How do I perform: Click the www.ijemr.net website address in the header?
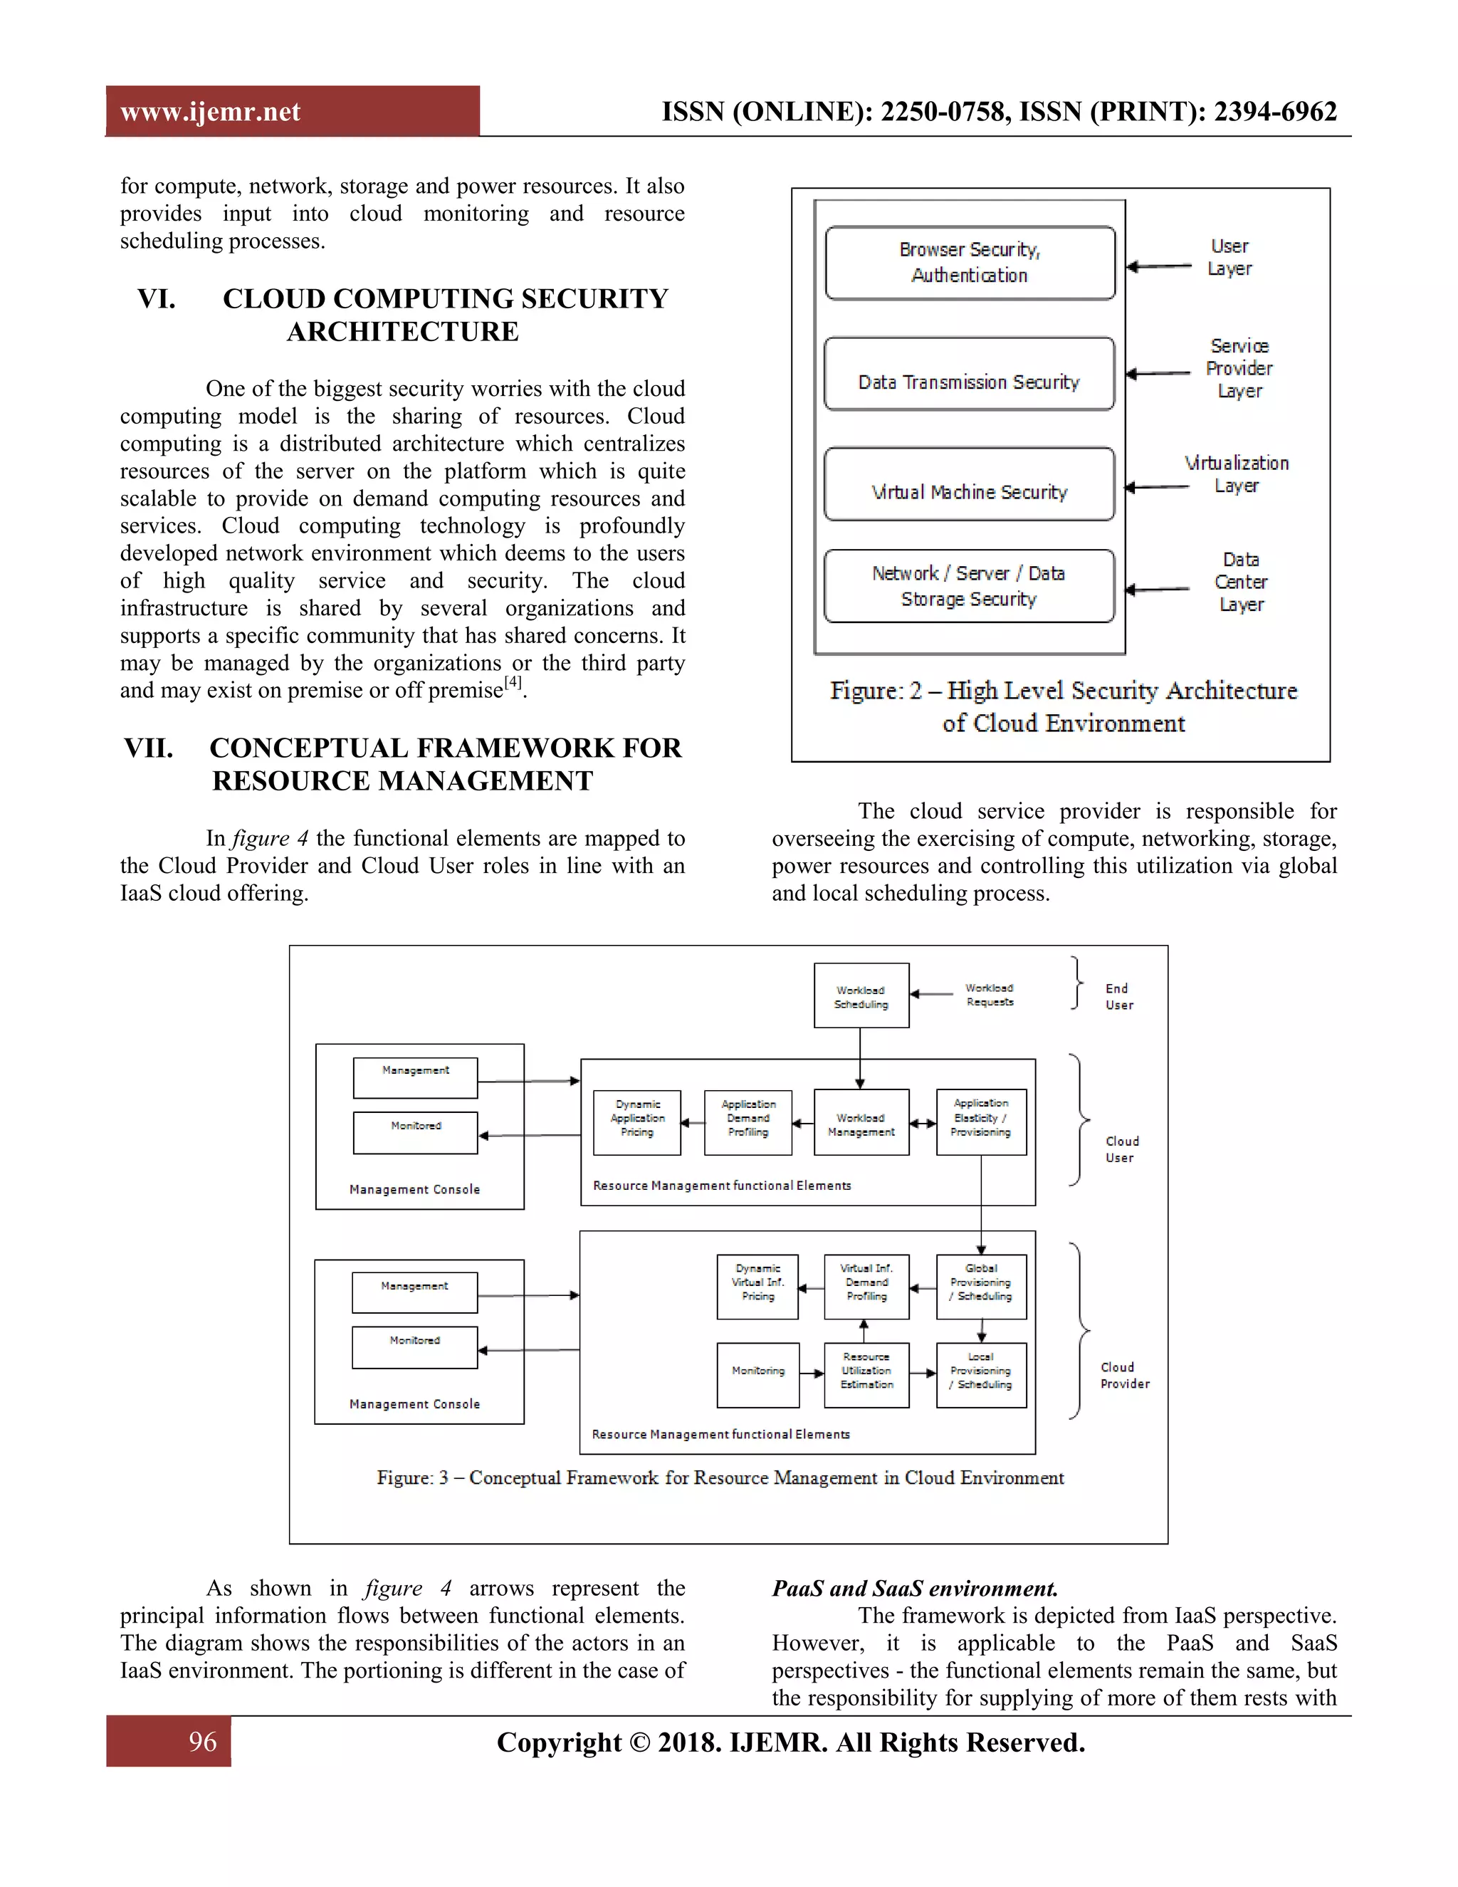point(210,113)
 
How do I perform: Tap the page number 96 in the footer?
point(202,1741)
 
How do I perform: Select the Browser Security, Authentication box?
point(969,263)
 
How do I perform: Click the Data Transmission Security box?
point(969,374)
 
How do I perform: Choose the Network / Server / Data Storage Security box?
point(969,586)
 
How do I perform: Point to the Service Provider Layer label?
point(1239,369)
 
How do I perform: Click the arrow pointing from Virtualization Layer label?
point(1158,487)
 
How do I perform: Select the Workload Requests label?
point(989,995)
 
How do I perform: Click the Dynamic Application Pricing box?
point(636,1122)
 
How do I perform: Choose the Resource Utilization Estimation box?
point(866,1374)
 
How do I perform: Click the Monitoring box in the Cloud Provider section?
point(757,1374)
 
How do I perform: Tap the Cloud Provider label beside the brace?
point(1123,1376)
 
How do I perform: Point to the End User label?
point(1118,996)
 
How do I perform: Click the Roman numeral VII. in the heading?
point(149,748)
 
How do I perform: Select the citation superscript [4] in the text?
point(513,681)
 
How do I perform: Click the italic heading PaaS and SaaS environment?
point(914,1588)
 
